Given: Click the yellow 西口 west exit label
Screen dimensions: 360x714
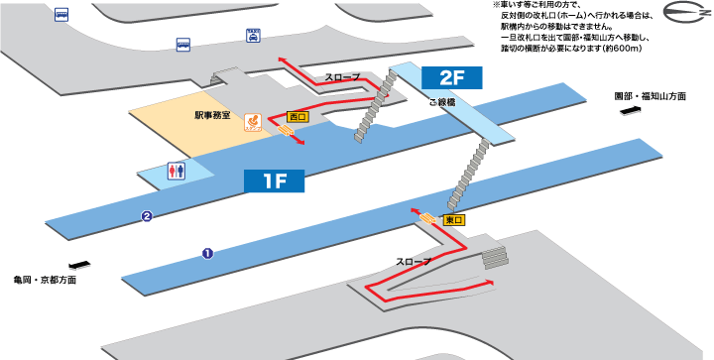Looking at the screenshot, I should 297,116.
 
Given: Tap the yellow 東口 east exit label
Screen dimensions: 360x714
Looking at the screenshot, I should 454,218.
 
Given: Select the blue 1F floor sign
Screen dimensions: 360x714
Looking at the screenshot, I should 276,180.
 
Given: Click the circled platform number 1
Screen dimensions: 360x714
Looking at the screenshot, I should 207,253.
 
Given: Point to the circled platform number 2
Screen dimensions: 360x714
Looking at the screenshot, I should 146,216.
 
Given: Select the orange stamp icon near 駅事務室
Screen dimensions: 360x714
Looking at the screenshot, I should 253,120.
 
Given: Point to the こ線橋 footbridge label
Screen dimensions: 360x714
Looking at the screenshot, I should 442,102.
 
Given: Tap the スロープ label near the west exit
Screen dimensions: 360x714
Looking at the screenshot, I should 342,77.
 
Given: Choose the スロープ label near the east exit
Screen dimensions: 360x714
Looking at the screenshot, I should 414,262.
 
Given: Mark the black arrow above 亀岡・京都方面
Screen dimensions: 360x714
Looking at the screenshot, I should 78,265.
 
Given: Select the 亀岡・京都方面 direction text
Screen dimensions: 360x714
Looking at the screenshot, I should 45,280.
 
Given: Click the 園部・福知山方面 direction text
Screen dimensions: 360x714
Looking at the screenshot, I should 650,97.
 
